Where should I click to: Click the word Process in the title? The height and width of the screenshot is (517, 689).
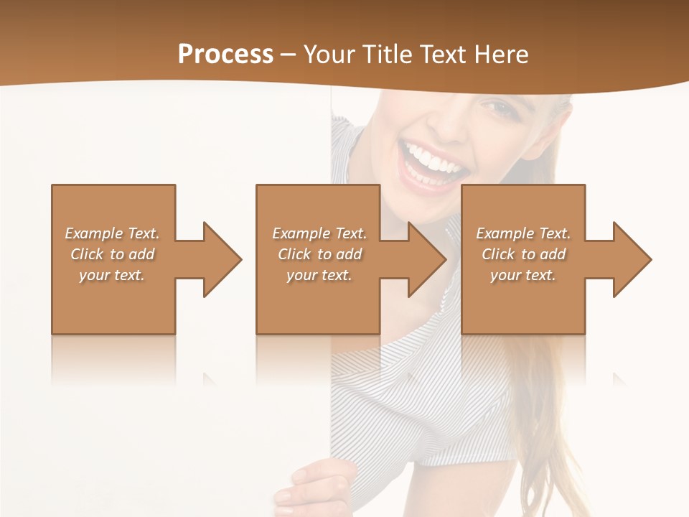(x=225, y=55)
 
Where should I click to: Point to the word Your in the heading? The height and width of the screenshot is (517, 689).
(x=329, y=55)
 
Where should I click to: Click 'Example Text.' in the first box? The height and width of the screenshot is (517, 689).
(x=113, y=233)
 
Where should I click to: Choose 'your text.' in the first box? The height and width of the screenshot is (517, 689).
(x=113, y=275)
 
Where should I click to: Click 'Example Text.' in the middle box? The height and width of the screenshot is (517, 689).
(x=319, y=233)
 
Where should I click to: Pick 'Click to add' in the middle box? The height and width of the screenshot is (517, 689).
(x=319, y=254)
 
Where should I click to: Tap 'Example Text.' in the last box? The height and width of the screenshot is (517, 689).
(x=523, y=233)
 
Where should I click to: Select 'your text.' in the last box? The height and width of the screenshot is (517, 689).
(x=523, y=275)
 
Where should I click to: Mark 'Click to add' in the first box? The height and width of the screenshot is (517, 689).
(x=113, y=254)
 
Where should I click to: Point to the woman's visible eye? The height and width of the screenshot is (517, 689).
(x=495, y=108)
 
